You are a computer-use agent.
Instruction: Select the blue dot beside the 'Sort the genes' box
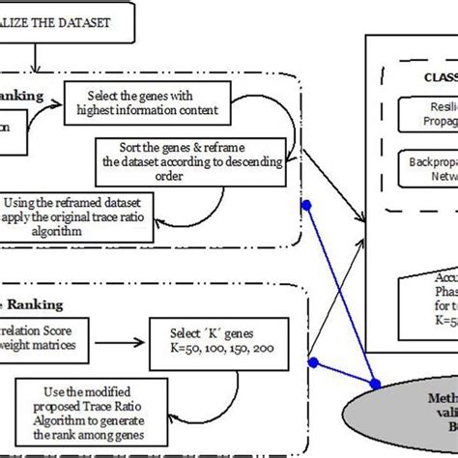tap(306, 205)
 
